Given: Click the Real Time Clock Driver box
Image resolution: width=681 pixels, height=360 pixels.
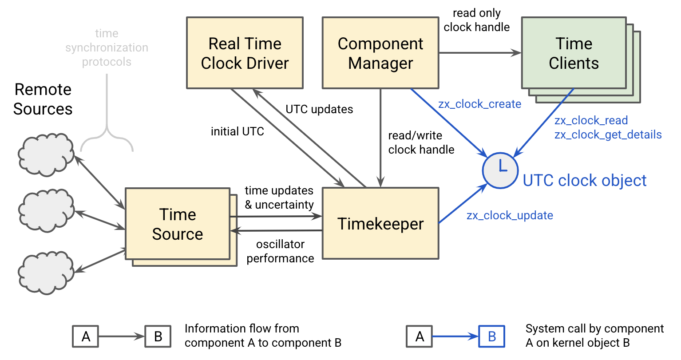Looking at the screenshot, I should pyautogui.click(x=245, y=53).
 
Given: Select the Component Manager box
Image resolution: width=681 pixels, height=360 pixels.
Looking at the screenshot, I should pyautogui.click(x=380, y=53).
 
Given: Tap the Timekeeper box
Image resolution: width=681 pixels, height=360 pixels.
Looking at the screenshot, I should pyautogui.click(x=380, y=224).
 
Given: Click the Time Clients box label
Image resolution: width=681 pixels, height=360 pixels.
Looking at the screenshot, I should pyautogui.click(x=574, y=53).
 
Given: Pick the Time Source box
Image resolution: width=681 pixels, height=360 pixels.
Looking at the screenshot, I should pyautogui.click(x=178, y=224).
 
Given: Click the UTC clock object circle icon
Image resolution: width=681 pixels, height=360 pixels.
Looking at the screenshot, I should pyautogui.click(x=500, y=170).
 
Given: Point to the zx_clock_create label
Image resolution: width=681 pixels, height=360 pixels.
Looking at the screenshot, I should pyautogui.click(x=479, y=104).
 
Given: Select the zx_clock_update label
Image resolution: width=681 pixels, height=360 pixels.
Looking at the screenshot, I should pyautogui.click(x=510, y=215).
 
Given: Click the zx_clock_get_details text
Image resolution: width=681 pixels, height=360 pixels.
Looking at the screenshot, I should pyautogui.click(x=608, y=135).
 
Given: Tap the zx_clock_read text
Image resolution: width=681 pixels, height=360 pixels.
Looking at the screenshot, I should pyautogui.click(x=591, y=120).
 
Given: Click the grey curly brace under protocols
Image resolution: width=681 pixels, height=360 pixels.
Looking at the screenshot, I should pyautogui.click(x=107, y=133).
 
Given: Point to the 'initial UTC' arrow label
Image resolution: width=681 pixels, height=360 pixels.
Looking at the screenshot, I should pyautogui.click(x=237, y=131).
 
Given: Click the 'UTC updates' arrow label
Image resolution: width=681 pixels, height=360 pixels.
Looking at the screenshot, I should pyautogui.click(x=319, y=109).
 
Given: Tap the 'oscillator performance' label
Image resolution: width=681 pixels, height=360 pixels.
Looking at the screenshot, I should pyautogui.click(x=280, y=251).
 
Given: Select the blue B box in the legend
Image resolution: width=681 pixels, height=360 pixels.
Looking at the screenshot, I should pyautogui.click(x=491, y=336).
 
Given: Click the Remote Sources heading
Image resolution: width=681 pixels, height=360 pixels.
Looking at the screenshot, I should pyautogui.click(x=43, y=99).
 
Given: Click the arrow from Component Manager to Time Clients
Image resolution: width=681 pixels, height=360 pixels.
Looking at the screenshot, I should pyautogui.click(x=479, y=53).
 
